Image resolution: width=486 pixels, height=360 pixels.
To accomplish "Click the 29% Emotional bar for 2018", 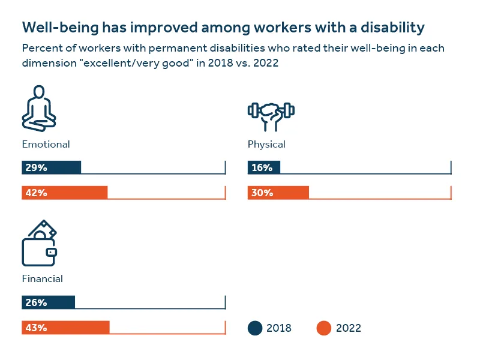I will pyautogui.click(x=51, y=167).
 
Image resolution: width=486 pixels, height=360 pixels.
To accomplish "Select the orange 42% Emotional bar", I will pyautogui.click(x=64, y=193).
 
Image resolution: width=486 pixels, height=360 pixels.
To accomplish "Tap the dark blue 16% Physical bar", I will pyautogui.click(x=263, y=167).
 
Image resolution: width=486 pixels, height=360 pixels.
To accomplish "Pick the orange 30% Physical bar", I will pyautogui.click(x=278, y=193).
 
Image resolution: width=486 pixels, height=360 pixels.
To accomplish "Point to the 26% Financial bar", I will pyautogui.click(x=48, y=302).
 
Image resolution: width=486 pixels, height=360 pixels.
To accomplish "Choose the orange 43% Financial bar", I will pyautogui.click(x=65, y=328).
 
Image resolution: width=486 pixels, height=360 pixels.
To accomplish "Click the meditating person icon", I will pyautogui.click(x=38, y=109).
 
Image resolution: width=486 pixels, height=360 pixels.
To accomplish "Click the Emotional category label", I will pyautogui.click(x=46, y=145).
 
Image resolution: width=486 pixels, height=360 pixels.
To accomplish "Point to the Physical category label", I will pyautogui.click(x=266, y=145).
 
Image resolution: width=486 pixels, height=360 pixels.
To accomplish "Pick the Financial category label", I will pyautogui.click(x=42, y=279).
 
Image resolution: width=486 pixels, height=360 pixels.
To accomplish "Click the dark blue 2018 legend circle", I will pyautogui.click(x=255, y=328).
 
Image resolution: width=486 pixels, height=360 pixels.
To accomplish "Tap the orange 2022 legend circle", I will pyautogui.click(x=324, y=328).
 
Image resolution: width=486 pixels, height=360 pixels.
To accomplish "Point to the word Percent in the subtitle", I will pyautogui.click(x=40, y=48).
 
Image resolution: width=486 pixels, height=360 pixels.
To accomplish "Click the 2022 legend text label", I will pyautogui.click(x=349, y=328).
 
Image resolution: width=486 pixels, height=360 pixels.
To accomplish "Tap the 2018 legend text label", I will pyautogui.click(x=279, y=328).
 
